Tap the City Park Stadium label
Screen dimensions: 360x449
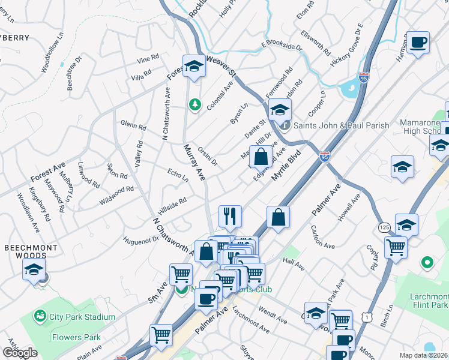click(x=82, y=317)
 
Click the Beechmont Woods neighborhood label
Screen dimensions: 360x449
click(x=31, y=251)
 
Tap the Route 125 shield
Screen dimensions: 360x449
click(x=385, y=227)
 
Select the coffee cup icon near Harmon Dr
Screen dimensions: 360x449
click(x=418, y=43)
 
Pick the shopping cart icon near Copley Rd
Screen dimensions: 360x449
click(x=396, y=247)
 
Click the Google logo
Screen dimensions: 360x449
click(x=20, y=353)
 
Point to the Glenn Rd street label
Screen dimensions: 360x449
click(x=133, y=126)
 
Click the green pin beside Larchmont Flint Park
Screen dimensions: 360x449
click(x=427, y=262)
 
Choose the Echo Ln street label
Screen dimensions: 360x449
click(x=178, y=175)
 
